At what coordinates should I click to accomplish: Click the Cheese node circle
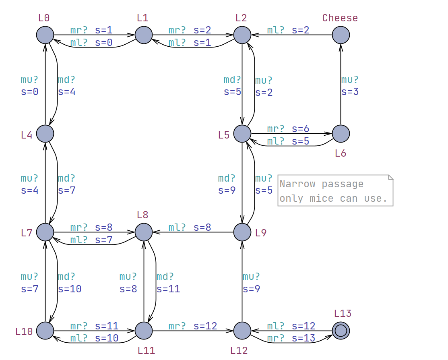coord(341,35)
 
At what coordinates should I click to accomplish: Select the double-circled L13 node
coord(341,331)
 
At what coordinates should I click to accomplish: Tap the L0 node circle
coord(45,35)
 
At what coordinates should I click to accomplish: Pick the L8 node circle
coord(144,232)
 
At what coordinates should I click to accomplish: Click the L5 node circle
coord(242,133)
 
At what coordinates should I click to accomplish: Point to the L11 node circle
coord(144,331)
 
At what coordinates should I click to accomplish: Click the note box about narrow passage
coord(335,190)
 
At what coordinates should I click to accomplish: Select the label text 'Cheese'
coord(340,18)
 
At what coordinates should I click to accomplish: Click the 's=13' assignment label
coord(303,338)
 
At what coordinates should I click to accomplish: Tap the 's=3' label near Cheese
coord(350,92)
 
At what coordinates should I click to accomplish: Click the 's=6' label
coord(300,129)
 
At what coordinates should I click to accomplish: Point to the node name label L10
coord(24,331)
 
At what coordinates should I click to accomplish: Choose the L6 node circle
coord(341,133)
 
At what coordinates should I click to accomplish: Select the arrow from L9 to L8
coord(193,232)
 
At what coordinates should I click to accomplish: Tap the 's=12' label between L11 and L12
coord(205,326)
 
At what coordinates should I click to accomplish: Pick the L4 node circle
coord(45,133)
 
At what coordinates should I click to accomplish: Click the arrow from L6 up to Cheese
coord(341,105)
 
